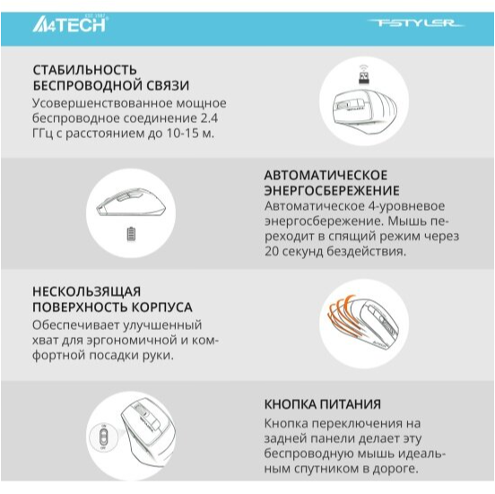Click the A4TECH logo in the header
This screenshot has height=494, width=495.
[x=69, y=23]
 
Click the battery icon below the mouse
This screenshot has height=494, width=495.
[x=134, y=234]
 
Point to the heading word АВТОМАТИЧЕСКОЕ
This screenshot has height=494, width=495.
[x=326, y=174]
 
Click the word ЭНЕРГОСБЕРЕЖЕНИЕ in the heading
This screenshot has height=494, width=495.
[x=332, y=190]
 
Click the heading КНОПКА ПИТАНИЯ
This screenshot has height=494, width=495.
[x=322, y=404]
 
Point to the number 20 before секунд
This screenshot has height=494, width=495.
[x=273, y=253]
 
